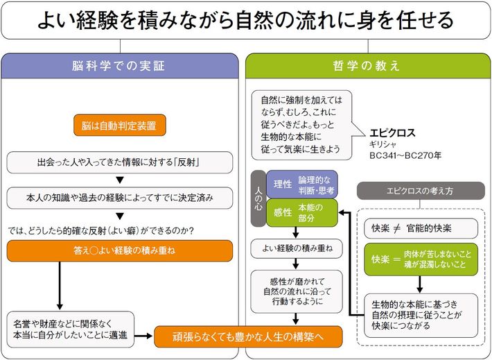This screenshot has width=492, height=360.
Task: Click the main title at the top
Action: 246,19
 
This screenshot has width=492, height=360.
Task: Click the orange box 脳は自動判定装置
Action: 119,126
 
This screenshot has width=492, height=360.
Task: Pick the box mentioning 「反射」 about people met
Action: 119,163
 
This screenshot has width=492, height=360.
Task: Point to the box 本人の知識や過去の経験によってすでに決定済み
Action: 119,198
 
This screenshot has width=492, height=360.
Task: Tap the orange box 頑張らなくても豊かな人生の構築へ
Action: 249,336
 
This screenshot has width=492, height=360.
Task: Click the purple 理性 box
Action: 301,184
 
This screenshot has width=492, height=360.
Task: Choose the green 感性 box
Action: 301,213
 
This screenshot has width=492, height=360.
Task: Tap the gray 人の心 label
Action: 257,199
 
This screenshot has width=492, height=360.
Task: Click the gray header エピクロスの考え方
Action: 420,189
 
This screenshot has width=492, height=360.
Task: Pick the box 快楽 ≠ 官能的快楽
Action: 421,228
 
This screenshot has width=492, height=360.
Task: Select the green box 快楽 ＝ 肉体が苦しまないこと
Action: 421,259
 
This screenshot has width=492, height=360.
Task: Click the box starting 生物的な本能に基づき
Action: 421,315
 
